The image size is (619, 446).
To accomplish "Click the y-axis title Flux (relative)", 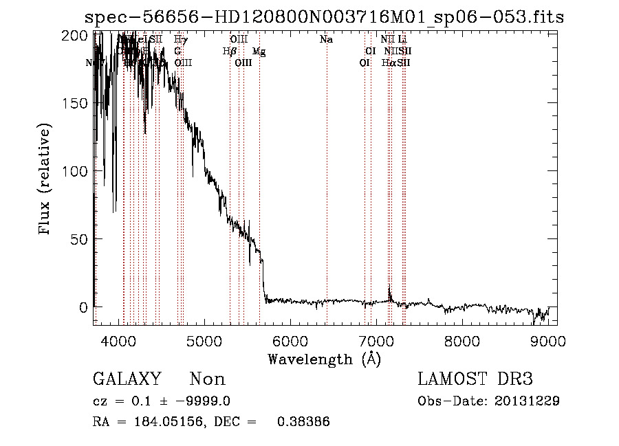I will [x=46, y=180].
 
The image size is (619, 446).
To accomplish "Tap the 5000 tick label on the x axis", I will [x=204, y=340].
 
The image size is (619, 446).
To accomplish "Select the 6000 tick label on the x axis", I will [x=290, y=340].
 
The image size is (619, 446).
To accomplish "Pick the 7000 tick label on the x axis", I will [x=376, y=340].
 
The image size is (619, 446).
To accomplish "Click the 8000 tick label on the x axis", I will [x=461, y=340].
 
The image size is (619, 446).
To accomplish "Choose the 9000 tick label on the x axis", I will [x=547, y=340].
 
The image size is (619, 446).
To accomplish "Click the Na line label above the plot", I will [x=327, y=40].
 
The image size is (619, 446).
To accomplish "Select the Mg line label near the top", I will [x=258, y=51].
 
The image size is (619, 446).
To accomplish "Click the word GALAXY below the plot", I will [x=127, y=379].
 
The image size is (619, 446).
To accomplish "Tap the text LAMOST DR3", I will [x=475, y=379].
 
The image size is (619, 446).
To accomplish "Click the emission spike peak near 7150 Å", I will [x=389, y=285].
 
